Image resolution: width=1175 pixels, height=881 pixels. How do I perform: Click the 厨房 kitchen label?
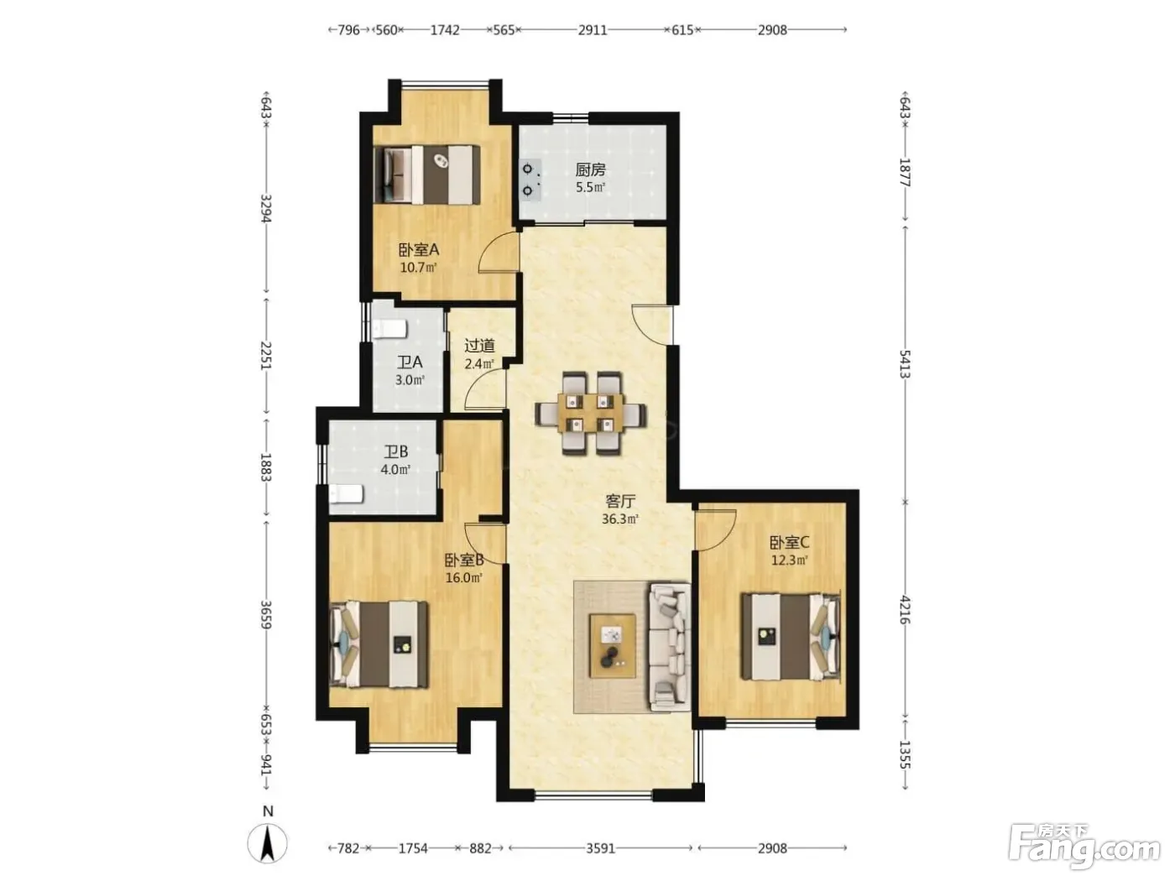point(590,169)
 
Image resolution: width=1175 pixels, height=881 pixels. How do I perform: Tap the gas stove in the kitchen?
point(530,180)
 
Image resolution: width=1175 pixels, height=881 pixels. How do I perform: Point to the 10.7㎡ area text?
point(419,267)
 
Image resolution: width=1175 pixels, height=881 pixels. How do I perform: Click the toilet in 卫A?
point(389,328)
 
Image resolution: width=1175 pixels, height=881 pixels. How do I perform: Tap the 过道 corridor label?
point(479,346)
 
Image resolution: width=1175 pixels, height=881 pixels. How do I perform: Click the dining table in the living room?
point(590,413)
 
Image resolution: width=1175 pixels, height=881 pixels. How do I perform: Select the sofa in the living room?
point(670,647)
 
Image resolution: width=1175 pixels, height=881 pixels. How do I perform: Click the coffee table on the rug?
point(613,645)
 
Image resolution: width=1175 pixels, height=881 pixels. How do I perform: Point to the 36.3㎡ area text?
point(620,519)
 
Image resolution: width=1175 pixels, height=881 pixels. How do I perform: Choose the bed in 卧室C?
point(790,636)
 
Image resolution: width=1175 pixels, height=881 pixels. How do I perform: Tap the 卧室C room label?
point(789,542)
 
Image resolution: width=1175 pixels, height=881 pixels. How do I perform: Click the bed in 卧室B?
point(379,644)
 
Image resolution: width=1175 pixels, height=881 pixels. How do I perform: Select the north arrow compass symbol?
point(267,843)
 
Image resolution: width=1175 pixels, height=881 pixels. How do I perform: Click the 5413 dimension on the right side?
point(905,364)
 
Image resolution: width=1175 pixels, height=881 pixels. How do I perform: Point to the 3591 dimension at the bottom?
point(600,848)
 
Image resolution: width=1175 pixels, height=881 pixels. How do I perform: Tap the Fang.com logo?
point(1085,847)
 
